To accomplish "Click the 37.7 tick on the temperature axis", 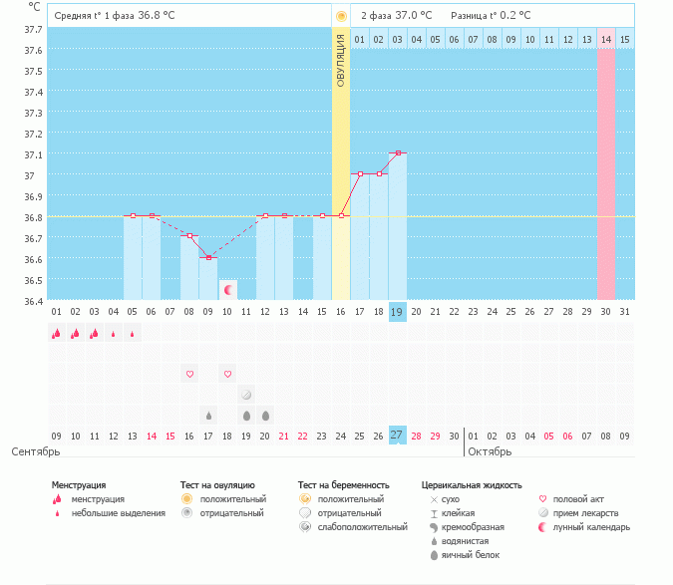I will (x=33, y=29).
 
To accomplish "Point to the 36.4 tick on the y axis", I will (x=33, y=301).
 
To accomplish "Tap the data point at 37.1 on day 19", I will (x=398, y=153).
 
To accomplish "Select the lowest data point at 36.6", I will (x=208, y=258).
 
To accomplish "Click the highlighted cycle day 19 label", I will (x=398, y=311).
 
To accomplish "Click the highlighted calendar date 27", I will (x=398, y=435).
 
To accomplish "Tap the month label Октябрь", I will (x=489, y=451).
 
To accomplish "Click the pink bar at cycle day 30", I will (x=606, y=174).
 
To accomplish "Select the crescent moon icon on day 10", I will (x=228, y=290).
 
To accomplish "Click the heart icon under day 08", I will (x=189, y=374).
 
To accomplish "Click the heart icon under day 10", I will (x=227, y=374).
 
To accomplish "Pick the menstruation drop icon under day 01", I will (x=57, y=334).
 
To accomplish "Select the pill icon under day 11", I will (x=246, y=395).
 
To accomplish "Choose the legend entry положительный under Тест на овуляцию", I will (x=232, y=498).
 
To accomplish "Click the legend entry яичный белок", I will (x=471, y=554).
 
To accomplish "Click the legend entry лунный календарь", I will (x=589, y=526).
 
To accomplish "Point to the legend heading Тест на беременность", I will (x=343, y=484).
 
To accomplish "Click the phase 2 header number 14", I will (x=606, y=39).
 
